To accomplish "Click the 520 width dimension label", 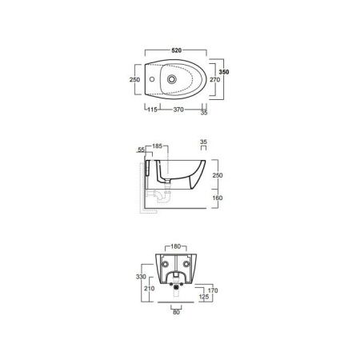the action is pos(177,50).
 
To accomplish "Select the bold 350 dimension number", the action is pos(224,72).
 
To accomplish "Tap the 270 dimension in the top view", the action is pos(214,79).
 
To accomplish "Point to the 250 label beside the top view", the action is pos(134,79).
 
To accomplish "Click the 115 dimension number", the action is pos(152,110).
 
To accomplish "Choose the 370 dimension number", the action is pos(178,110).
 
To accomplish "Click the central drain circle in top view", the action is pos(172,79).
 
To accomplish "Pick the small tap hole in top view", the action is pos(152,79).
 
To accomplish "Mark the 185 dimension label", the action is pos(158,146).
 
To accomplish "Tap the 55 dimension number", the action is pos(141,150).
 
